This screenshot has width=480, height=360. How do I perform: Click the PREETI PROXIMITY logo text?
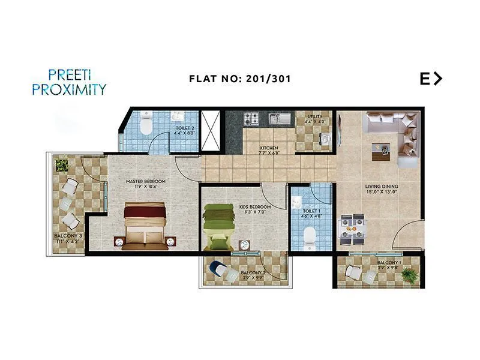[x=77, y=82]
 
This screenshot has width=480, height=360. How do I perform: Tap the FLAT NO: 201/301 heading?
[x=240, y=79]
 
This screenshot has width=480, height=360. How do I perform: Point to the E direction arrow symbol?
[x=431, y=79]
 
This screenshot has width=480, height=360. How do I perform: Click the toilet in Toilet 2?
[x=145, y=125]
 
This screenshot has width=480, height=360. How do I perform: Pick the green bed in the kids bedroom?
[x=217, y=227]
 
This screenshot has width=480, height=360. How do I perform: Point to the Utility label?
[x=315, y=119]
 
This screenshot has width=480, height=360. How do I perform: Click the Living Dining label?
[x=382, y=189]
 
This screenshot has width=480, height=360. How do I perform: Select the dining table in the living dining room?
[x=352, y=229]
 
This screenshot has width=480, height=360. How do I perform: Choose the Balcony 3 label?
[x=68, y=238]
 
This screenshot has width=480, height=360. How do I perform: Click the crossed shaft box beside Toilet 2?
[x=210, y=131]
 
